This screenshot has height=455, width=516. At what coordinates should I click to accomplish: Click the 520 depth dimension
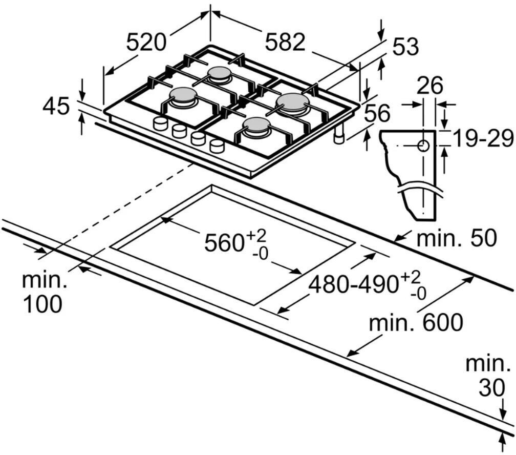pos(146,42)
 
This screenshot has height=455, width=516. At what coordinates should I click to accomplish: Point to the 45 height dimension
pos(56,107)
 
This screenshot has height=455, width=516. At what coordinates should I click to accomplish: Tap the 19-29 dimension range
pos(483,138)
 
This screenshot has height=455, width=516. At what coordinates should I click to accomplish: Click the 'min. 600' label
pos(416,322)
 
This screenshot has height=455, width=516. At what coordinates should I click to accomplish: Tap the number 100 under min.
pos(42,304)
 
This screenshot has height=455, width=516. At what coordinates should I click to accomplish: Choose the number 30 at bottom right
pos(491,389)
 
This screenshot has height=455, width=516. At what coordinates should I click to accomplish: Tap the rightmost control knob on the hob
pos(217,146)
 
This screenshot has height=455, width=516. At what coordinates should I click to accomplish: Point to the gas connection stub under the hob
pos(339,135)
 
